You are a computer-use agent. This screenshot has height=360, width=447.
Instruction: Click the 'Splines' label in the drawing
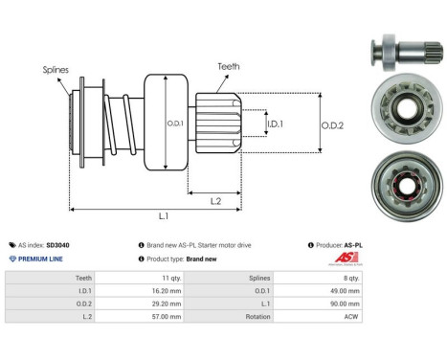pos(56,70)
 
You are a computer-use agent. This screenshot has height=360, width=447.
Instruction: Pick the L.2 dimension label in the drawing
pos(216,199)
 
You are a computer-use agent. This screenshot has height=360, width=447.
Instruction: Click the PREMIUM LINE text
pos(39,259)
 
